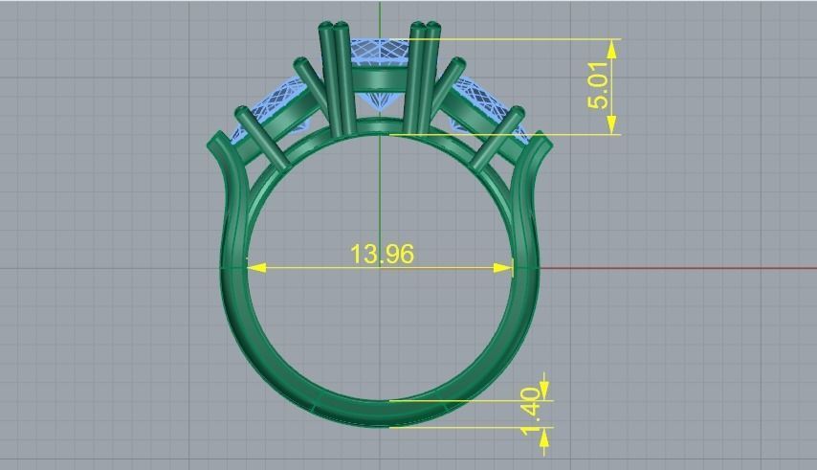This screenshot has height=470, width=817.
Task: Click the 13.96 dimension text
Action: [382, 254]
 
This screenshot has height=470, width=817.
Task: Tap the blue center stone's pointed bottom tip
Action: [382, 117]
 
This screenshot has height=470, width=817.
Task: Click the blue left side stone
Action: [277, 105]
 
